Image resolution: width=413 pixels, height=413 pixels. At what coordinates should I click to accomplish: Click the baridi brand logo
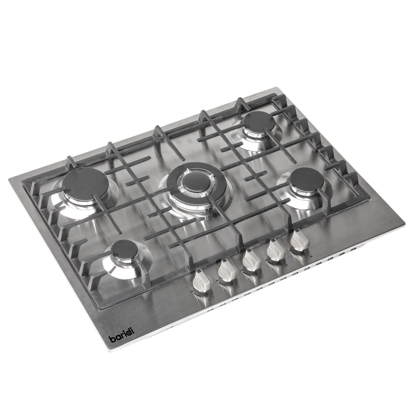[122, 334]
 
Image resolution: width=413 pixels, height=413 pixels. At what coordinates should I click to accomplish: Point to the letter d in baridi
[128, 332]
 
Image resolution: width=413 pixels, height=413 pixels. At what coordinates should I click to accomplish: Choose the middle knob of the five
[252, 260]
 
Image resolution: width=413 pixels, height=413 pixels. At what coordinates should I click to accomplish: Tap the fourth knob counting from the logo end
[276, 250]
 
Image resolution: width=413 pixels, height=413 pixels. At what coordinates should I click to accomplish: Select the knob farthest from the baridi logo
[299, 240]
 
